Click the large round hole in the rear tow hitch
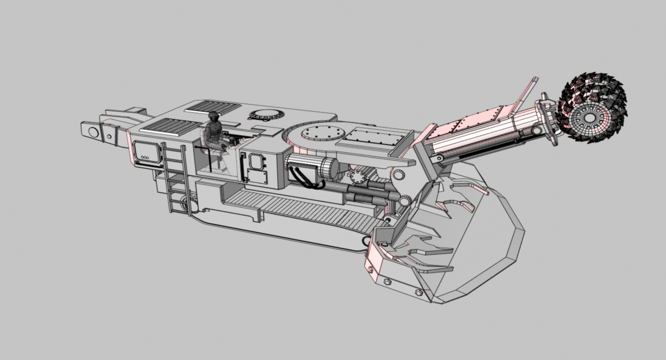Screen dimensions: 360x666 (x=94, y=132)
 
